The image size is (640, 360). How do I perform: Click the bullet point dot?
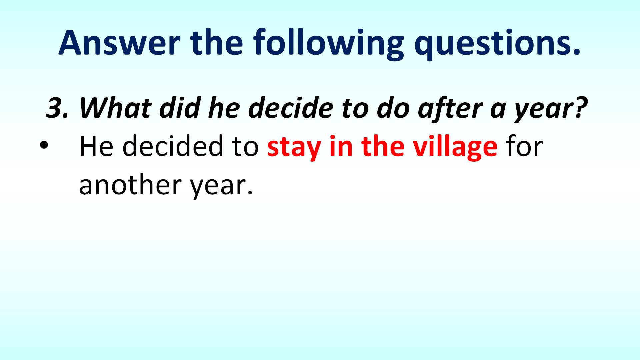point(44,146)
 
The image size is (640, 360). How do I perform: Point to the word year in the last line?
point(218,187)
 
